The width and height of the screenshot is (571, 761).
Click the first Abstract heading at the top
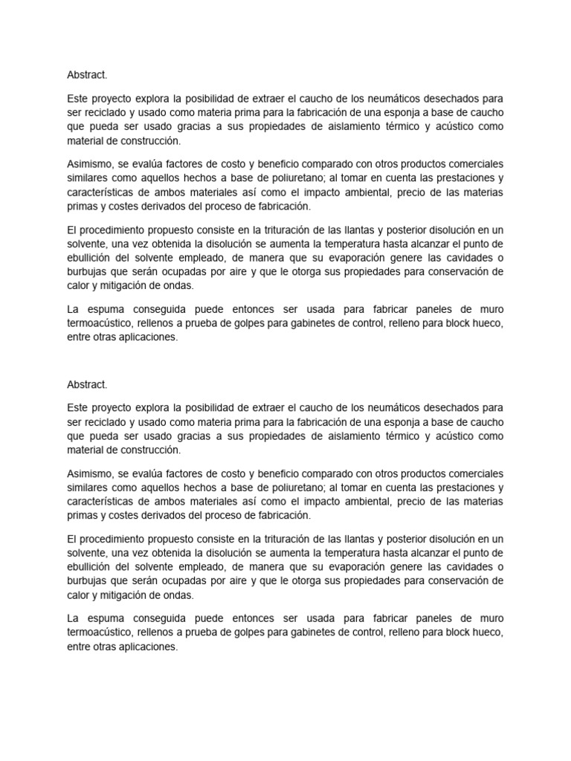pos(87,74)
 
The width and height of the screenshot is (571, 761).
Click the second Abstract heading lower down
pos(87,384)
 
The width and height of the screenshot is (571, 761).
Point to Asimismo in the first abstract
pos(91,163)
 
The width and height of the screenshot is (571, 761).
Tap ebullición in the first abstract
pos(89,258)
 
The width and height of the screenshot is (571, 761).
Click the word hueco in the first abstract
pos(487,323)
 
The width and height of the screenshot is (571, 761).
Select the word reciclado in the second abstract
pos(105,421)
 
